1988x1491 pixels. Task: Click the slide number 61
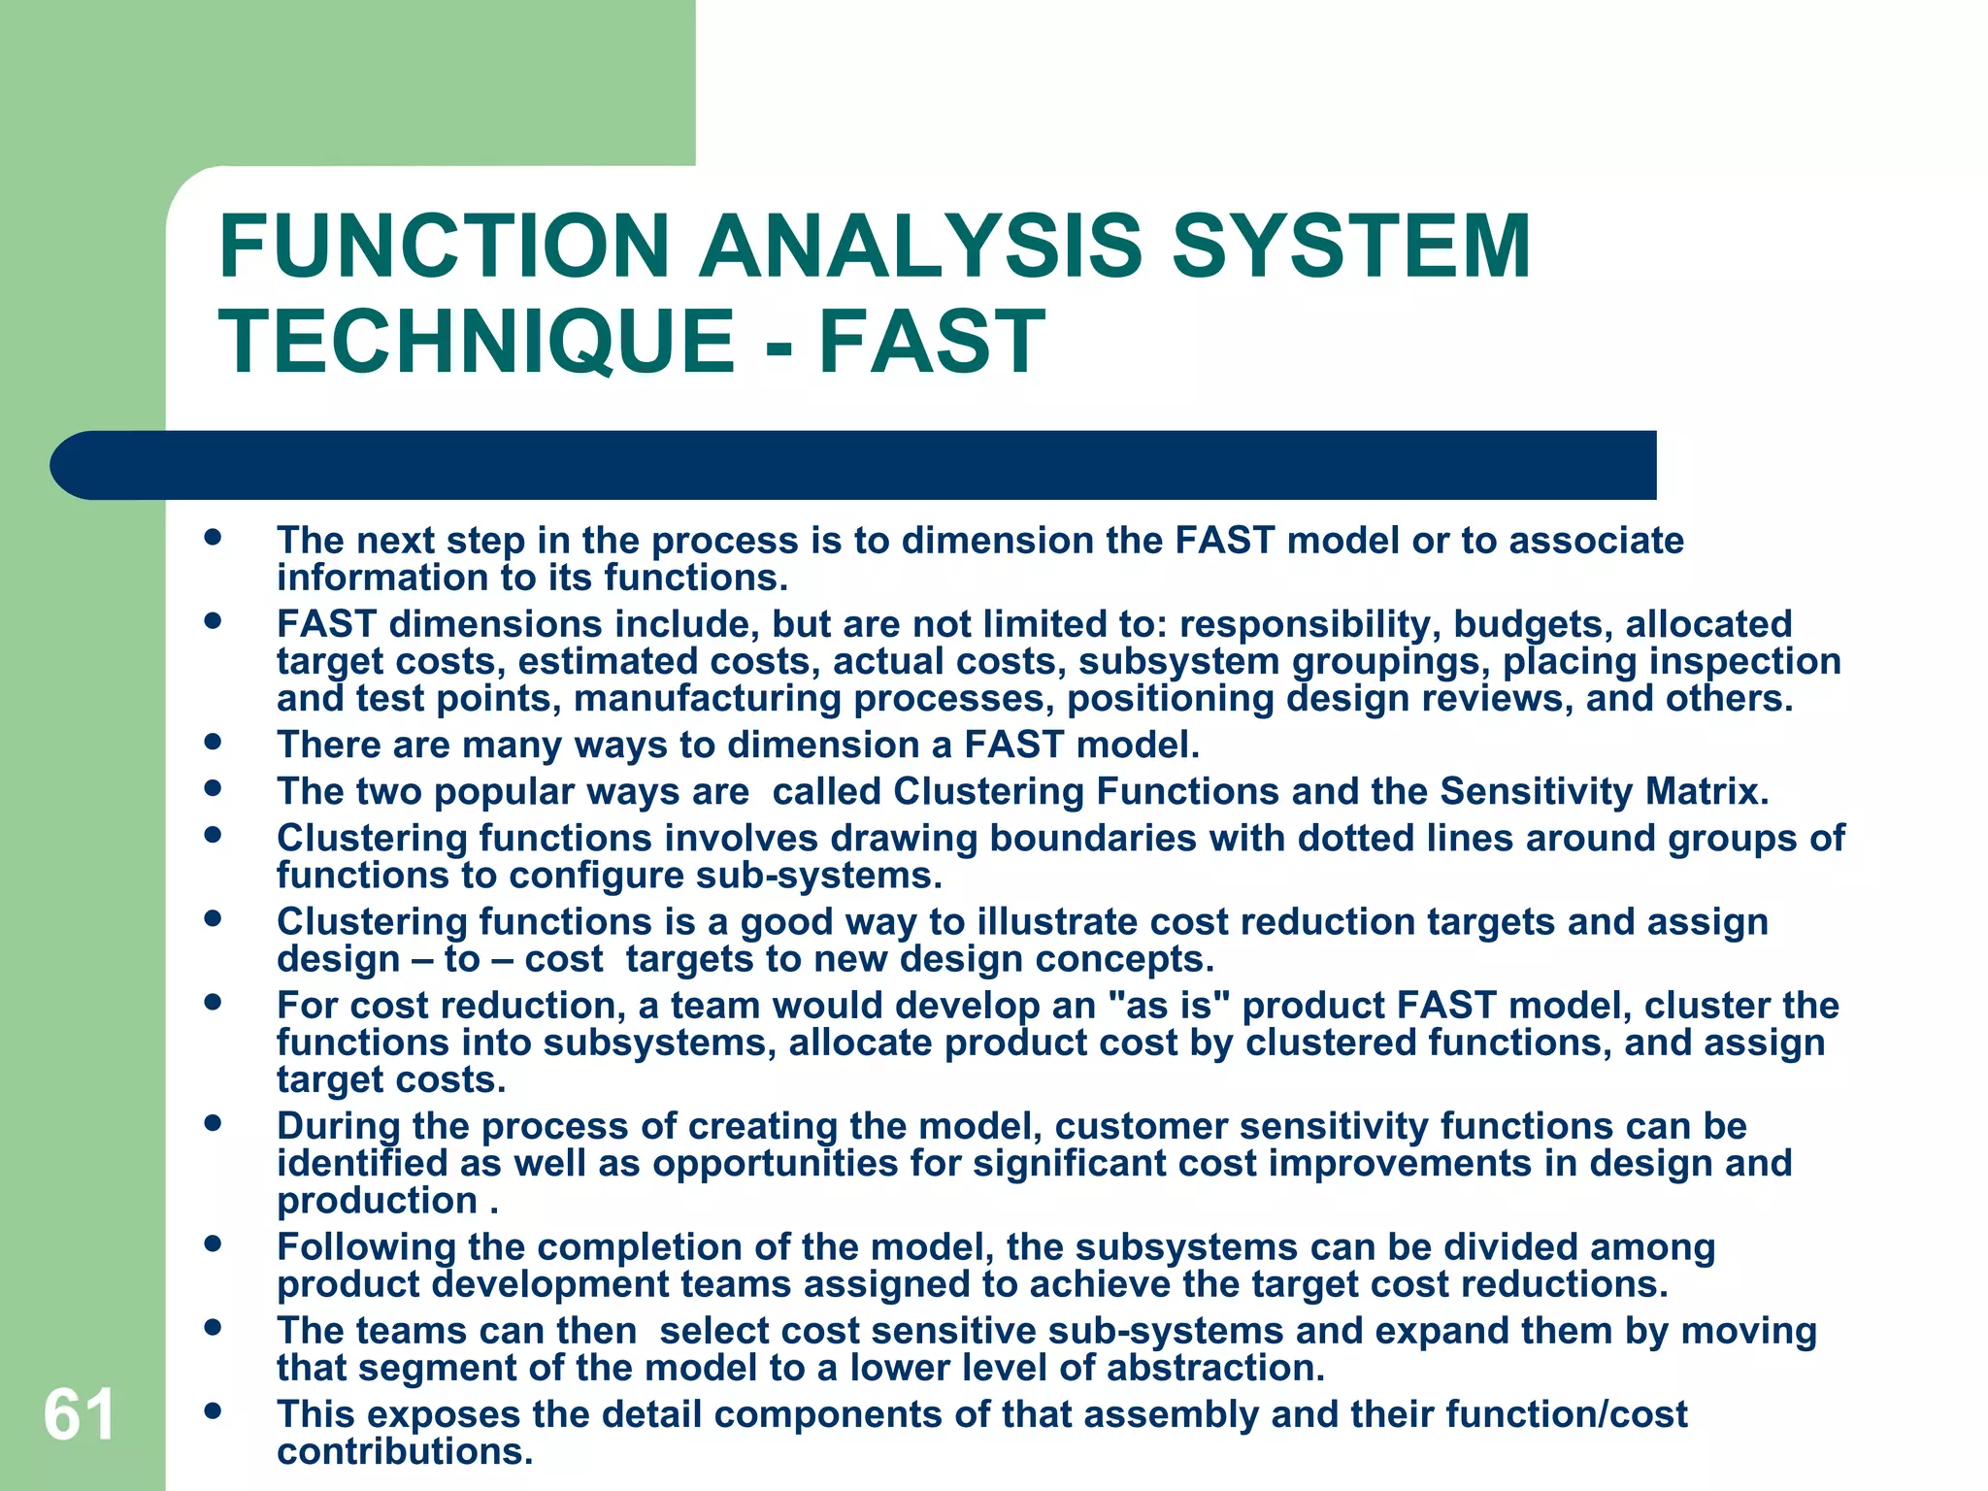(79, 1414)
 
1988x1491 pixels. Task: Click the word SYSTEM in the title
(1350, 247)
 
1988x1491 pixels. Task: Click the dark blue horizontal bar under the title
(854, 465)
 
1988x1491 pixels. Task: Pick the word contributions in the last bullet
(405, 1452)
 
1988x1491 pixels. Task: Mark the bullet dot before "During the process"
(213, 1124)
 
